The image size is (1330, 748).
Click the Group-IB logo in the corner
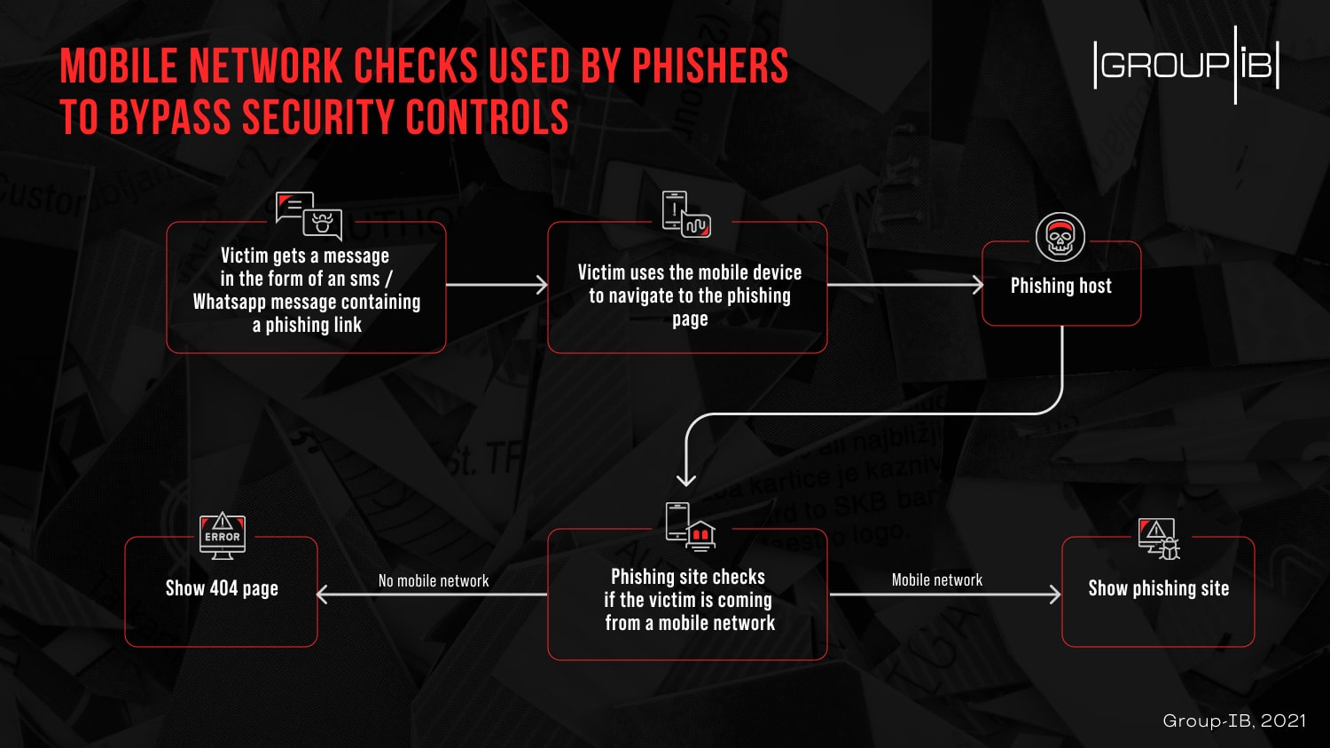[1186, 65]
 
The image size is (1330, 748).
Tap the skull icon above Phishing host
[1060, 238]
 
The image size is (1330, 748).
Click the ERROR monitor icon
[223, 536]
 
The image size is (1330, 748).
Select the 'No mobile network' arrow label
[434, 581]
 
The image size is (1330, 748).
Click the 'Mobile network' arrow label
[937, 580]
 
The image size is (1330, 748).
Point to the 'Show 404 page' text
[222, 588]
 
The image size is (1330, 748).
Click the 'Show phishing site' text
[1158, 588]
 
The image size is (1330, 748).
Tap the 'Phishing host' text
[1060, 286]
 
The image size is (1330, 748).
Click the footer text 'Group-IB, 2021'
[1233, 720]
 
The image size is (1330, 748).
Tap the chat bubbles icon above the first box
[308, 216]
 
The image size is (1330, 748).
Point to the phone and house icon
[690, 525]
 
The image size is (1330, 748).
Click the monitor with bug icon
[1159, 539]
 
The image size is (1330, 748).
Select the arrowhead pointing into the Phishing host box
[977, 285]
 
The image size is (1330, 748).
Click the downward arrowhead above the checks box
[686, 479]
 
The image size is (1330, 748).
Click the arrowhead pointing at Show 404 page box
[323, 594]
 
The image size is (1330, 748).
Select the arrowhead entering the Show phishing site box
[1055, 594]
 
